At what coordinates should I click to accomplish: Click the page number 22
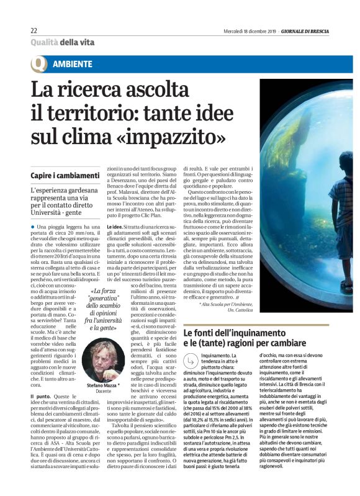pos(34,30)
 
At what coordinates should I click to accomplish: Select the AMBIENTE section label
pos(73,64)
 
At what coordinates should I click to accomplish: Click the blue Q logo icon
pos(39,64)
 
